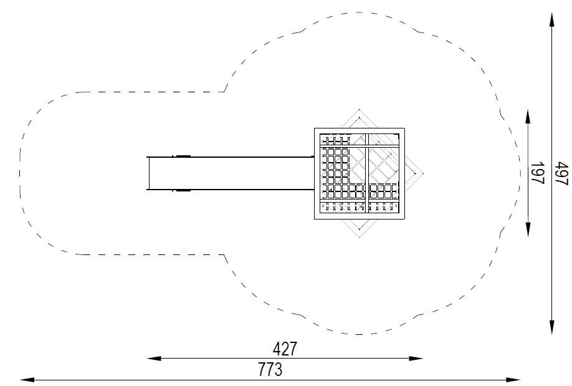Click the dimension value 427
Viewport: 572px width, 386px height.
[285, 349]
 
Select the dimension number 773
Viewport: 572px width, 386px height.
[270, 369]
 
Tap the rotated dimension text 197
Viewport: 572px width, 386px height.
[537, 173]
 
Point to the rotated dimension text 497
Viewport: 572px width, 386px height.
[562, 173]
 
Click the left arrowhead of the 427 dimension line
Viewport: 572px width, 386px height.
[153, 359]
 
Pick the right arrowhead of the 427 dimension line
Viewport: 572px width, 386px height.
[416, 359]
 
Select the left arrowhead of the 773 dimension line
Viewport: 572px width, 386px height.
[27, 380]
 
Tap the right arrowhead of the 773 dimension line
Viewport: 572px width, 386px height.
[513, 380]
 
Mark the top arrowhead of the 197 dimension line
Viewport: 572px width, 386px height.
[528, 116]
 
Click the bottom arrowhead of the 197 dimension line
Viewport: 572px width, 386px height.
[528, 230]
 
